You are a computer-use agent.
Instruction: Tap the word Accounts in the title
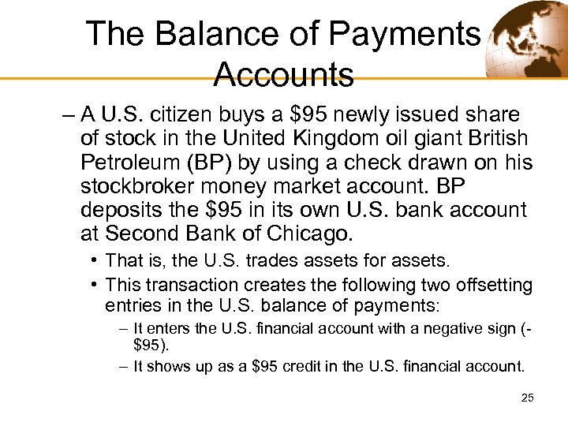coord(283,74)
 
